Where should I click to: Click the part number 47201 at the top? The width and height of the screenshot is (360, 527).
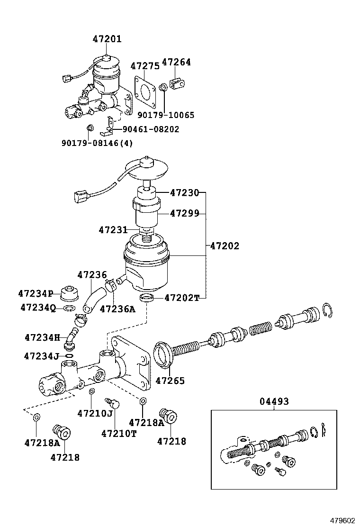click(x=107, y=39)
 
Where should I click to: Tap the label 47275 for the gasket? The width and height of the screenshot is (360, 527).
click(x=145, y=66)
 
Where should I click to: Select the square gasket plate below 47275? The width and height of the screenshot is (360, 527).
click(x=146, y=90)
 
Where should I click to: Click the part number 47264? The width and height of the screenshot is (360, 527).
click(x=176, y=62)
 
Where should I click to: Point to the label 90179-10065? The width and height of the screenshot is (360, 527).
click(x=166, y=115)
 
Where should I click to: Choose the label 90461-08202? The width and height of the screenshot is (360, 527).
click(x=151, y=129)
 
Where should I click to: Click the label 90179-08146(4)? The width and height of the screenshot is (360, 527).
click(x=97, y=143)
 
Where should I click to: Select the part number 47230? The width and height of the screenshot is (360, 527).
click(x=185, y=193)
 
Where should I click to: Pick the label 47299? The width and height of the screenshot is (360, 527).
click(x=185, y=214)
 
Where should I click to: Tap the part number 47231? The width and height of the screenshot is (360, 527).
click(x=113, y=230)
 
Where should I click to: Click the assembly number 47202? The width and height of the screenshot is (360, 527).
click(x=225, y=246)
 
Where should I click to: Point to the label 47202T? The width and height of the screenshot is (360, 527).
click(x=182, y=298)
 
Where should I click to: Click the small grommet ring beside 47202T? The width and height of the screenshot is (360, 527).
click(x=147, y=298)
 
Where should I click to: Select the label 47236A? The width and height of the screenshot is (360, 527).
click(x=117, y=309)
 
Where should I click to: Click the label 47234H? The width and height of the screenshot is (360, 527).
click(x=42, y=337)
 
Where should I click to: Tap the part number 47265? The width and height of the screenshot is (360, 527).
click(x=170, y=381)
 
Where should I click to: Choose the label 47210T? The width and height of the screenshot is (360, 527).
click(x=118, y=433)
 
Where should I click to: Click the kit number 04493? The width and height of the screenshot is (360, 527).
click(x=274, y=401)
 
